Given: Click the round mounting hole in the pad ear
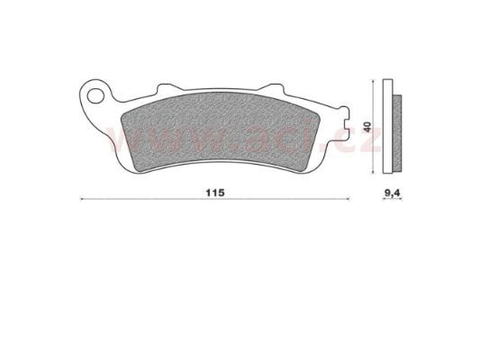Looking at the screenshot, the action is [x=95, y=96].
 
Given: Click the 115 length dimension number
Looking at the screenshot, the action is [x=215, y=193].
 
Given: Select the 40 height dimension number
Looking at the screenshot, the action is [x=368, y=127].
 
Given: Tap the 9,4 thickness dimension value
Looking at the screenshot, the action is [x=392, y=193].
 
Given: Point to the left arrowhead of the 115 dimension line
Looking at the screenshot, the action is [x=81, y=199].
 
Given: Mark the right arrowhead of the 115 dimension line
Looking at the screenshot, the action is [x=349, y=199].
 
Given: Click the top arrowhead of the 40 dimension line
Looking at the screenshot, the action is [x=374, y=81].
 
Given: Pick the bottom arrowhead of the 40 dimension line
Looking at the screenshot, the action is [x=374, y=172].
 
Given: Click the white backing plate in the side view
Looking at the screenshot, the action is [x=387, y=126].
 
